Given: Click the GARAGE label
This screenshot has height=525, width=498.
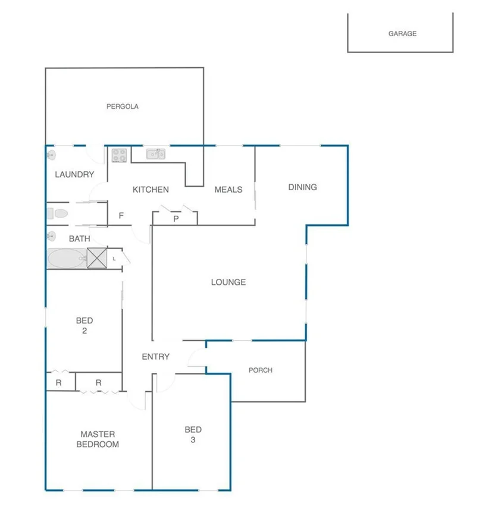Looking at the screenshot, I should tap(402, 34).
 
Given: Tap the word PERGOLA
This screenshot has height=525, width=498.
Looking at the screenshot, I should tap(123, 107).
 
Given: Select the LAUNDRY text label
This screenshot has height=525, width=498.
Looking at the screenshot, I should tap(74, 175).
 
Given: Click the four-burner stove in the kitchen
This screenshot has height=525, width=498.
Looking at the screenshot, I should tap(119, 155).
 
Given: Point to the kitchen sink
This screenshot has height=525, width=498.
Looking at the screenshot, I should tap(156, 155).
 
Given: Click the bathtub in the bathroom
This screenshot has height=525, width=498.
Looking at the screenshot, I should tap(67, 259).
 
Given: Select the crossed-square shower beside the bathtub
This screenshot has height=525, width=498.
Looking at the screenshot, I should tap(96, 258).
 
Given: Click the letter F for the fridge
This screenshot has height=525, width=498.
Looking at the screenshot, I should tap(121, 216).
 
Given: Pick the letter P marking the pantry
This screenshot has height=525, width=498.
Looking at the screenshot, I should tap(176, 219).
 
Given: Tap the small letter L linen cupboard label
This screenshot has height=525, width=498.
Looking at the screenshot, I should tap(114, 259).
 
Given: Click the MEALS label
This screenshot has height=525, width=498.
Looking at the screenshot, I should tap(228, 190).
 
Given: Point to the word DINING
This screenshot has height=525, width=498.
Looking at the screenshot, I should tap(302, 187).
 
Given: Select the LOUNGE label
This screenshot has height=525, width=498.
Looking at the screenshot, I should tap(228, 282).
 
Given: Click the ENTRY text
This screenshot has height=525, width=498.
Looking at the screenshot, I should tap(155, 357).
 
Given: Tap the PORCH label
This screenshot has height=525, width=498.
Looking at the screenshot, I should tap(260, 370).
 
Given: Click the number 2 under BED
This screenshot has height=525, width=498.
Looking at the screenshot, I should tap(84, 331).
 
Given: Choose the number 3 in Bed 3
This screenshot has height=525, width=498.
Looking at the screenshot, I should tap(193, 441).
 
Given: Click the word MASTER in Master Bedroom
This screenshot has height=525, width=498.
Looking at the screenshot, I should tap(98, 434).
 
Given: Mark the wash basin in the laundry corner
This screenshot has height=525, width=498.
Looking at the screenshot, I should tap(52, 155).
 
